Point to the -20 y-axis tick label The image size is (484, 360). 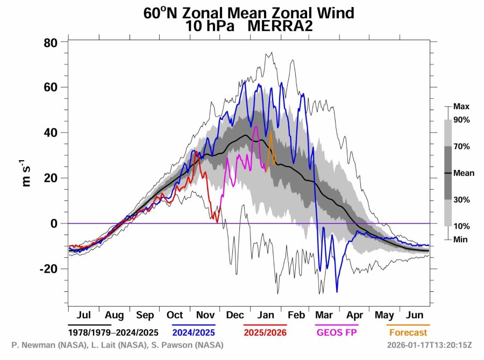point(48,268)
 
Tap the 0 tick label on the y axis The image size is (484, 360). point(54,223)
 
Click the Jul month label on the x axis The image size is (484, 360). point(83,315)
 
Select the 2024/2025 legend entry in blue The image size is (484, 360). point(194,333)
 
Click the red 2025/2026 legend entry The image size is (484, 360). point(265,333)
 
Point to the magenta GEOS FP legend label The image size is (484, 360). point(336,333)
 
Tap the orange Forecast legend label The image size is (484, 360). point(408,333)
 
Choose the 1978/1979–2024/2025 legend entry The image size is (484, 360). point(113,333)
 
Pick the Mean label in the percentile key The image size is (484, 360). point(464,173)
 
